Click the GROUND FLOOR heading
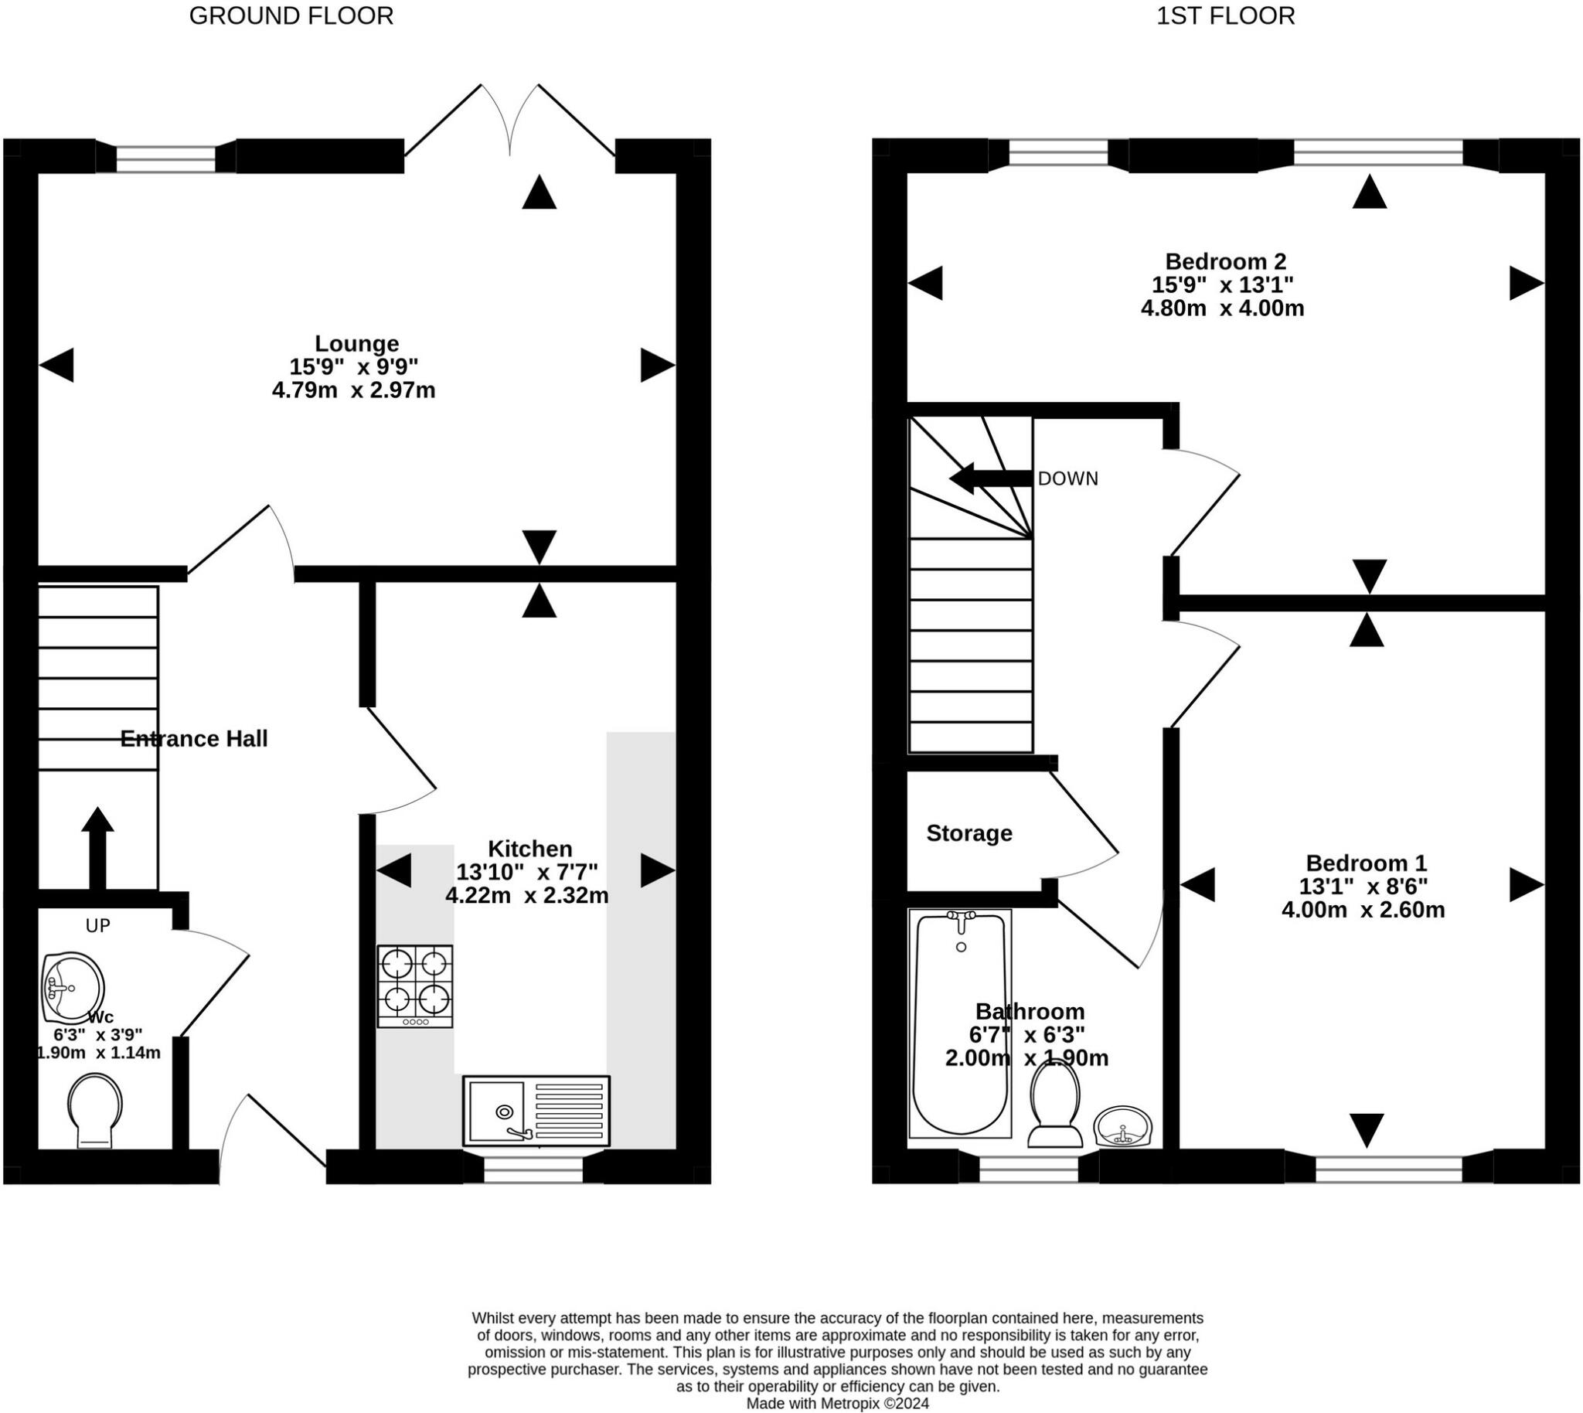pyautogui.click(x=291, y=16)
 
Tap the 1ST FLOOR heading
pyautogui.click(x=1226, y=16)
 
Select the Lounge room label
pyautogui.click(x=356, y=343)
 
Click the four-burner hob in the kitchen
pyautogui.click(x=415, y=986)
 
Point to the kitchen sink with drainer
pyautogui.click(x=536, y=1111)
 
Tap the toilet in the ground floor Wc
pyautogui.click(x=95, y=1110)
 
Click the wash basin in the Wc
pyautogui.click(x=72, y=987)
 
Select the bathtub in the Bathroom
pyautogui.click(x=961, y=1023)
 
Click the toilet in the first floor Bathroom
pyautogui.click(x=1055, y=1103)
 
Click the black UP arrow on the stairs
pyautogui.click(x=97, y=848)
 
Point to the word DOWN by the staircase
pyautogui.click(x=1068, y=479)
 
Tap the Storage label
pyautogui.click(x=969, y=833)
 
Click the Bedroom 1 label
pyautogui.click(x=1367, y=863)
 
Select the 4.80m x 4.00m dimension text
pyautogui.click(x=1222, y=308)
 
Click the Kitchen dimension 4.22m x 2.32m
pyautogui.click(x=526, y=895)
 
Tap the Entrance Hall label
pyautogui.click(x=194, y=738)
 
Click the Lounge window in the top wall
pyautogui.click(x=165, y=158)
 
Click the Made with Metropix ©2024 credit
pyautogui.click(x=838, y=1403)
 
